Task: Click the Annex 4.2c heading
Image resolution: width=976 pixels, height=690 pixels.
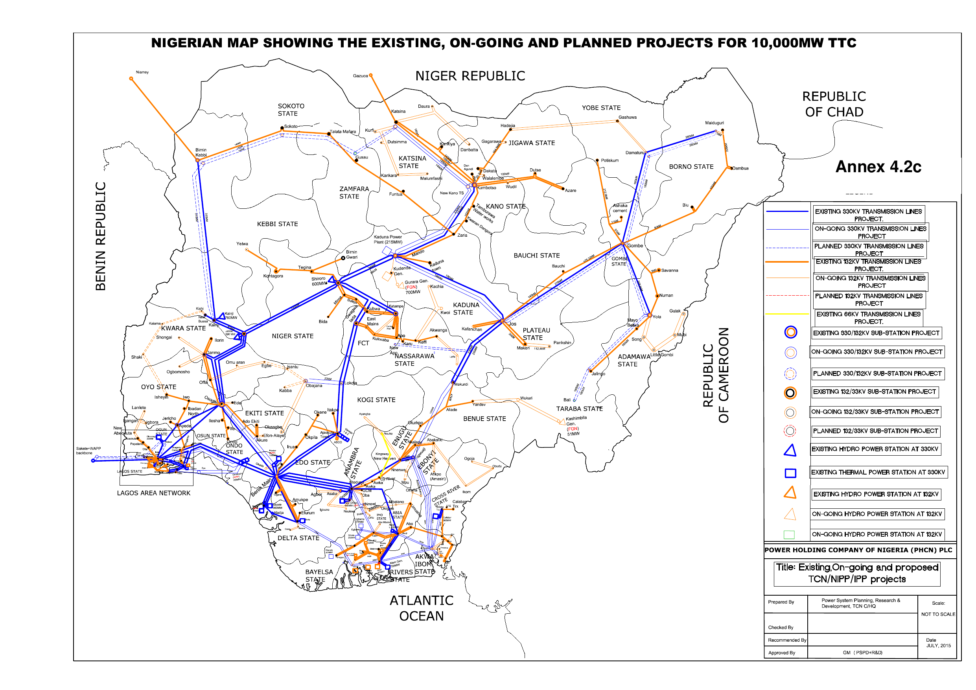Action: point(878,167)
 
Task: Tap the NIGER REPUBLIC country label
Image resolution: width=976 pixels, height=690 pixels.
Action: point(470,76)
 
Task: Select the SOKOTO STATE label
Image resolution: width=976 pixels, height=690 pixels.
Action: point(291,110)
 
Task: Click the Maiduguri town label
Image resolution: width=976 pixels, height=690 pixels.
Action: point(714,123)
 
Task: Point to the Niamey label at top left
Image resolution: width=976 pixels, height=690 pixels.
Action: point(142,72)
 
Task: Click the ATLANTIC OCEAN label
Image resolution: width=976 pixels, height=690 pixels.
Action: point(421,608)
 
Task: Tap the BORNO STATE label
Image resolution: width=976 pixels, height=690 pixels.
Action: point(691,167)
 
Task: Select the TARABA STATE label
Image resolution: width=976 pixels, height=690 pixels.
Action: point(579,408)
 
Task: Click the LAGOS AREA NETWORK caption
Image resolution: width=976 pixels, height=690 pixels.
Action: point(153,493)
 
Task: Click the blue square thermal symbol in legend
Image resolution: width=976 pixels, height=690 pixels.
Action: point(790,473)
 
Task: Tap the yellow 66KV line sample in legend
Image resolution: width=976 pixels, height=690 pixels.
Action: point(786,314)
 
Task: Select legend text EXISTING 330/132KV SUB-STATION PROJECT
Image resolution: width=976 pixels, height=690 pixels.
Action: point(876,333)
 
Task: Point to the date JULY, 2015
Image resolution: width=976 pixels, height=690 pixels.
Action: point(938,645)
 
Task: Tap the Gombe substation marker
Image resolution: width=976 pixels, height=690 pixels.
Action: point(623,244)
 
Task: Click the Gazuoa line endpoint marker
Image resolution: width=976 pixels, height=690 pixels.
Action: point(371,75)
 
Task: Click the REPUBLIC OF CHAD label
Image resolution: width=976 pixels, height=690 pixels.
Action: point(834,104)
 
